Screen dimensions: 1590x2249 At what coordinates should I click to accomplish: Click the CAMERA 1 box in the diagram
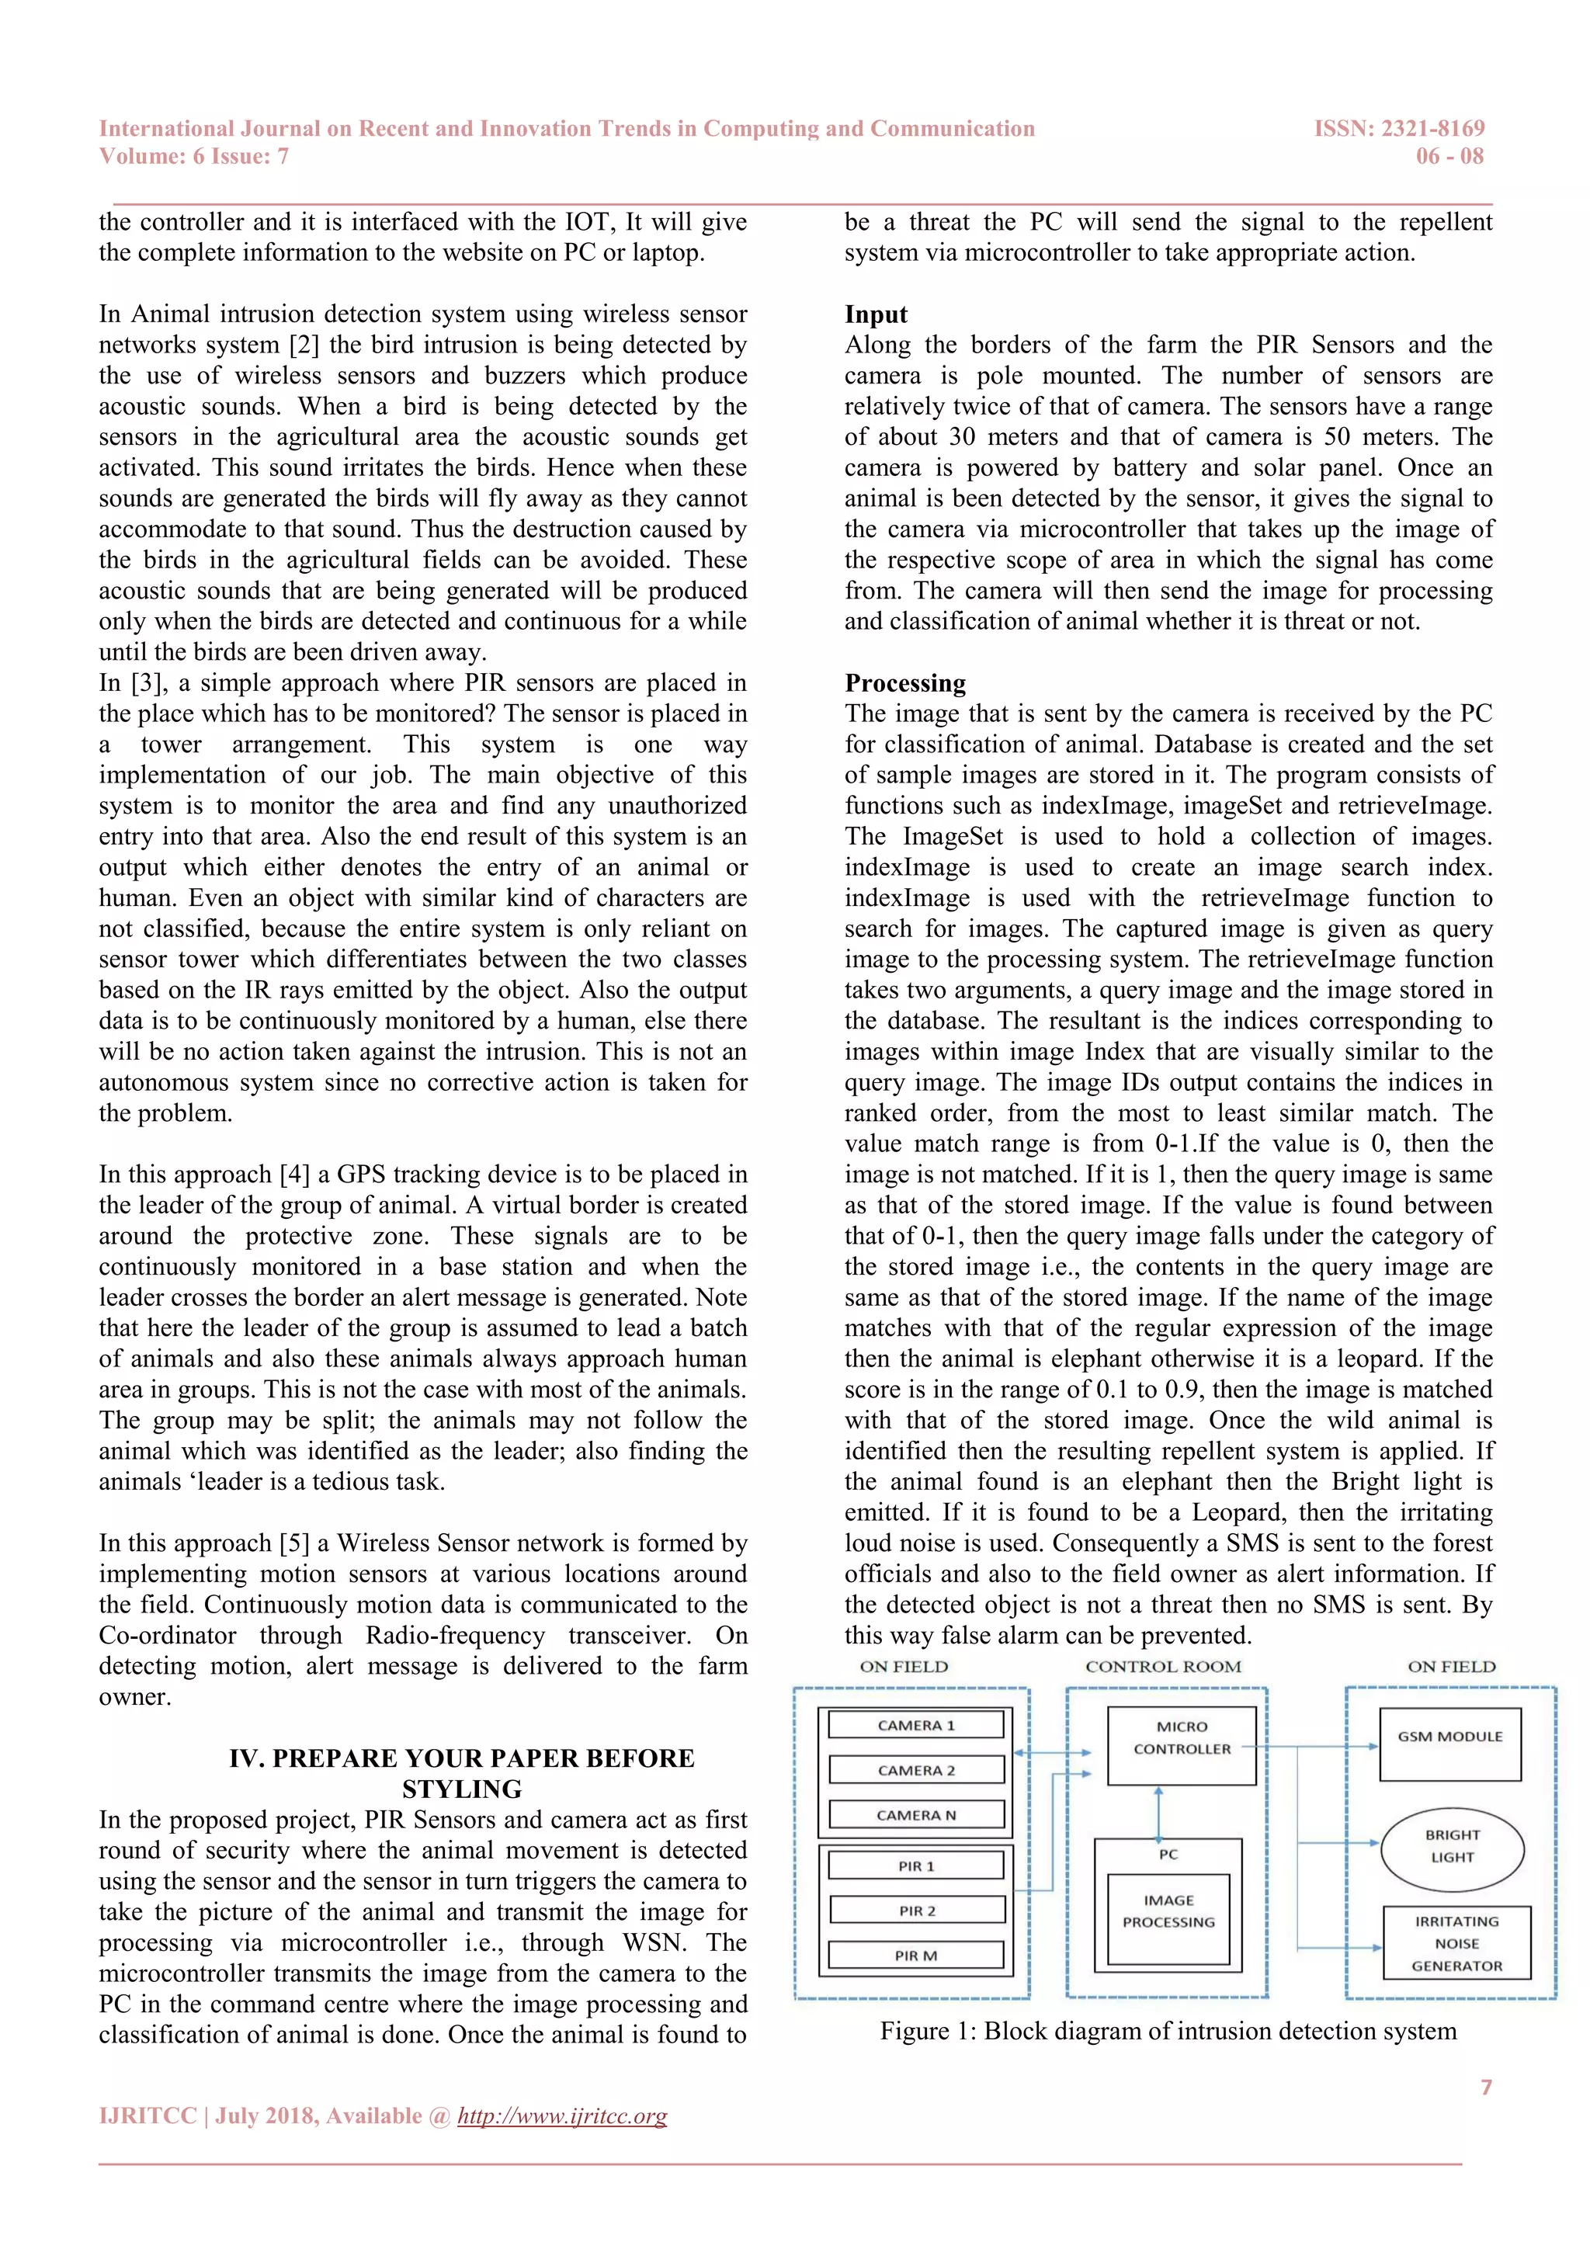click(x=916, y=1725)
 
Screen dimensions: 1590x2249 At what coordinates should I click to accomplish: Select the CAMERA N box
click(x=916, y=1815)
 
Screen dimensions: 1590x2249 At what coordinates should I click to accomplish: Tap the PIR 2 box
click(x=917, y=1910)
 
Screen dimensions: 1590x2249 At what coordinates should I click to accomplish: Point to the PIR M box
click(x=916, y=1955)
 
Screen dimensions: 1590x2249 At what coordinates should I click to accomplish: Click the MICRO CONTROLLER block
click(x=1182, y=1745)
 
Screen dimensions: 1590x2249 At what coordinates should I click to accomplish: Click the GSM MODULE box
click(x=1450, y=1744)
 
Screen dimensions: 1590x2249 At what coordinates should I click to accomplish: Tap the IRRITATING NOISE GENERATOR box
click(x=1456, y=1943)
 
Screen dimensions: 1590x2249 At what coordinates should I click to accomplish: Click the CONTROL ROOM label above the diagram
click(x=1163, y=1666)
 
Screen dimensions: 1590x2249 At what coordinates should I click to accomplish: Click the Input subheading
click(x=876, y=314)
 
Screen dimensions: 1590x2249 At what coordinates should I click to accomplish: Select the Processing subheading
click(x=905, y=682)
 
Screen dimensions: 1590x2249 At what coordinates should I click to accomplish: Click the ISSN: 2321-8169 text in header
click(x=1399, y=128)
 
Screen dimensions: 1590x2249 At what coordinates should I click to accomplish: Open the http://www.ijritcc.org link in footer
click(x=562, y=2115)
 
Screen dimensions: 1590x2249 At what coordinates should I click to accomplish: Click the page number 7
click(x=1485, y=2087)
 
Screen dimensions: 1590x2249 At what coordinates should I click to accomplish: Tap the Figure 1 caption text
click(x=1168, y=2031)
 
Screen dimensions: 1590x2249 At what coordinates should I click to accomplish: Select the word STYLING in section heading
click(x=461, y=1789)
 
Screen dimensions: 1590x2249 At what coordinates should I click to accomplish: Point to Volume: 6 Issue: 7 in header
click(x=194, y=157)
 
